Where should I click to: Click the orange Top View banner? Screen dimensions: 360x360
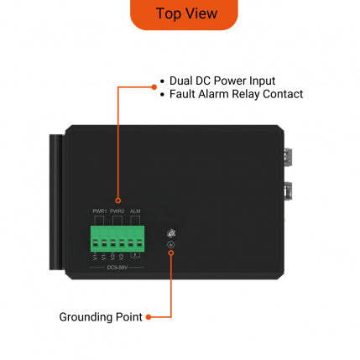184,13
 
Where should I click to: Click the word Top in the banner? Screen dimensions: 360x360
167,13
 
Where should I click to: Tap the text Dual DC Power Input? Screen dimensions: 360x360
222,81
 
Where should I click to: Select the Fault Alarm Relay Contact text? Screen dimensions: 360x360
236,94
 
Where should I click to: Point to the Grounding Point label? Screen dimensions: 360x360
100,317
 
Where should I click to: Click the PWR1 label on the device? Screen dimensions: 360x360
99,211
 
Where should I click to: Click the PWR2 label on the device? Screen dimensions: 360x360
117,211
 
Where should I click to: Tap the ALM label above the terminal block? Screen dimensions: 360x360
135,211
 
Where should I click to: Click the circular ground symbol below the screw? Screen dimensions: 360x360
170,244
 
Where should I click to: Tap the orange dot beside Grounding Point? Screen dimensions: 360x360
149,317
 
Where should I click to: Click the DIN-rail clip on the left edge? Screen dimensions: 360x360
56,201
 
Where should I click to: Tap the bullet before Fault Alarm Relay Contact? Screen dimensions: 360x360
163,95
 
